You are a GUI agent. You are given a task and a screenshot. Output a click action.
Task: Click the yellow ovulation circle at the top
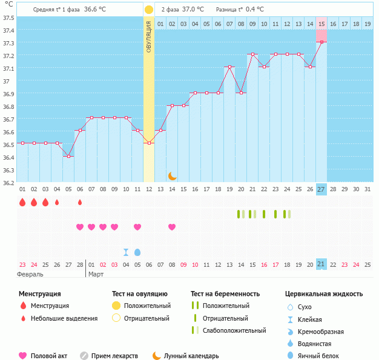[x=149, y=10]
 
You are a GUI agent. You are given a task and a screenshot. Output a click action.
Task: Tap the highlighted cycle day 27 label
[x=321, y=189]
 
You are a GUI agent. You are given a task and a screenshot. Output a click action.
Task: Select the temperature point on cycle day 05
[x=68, y=156]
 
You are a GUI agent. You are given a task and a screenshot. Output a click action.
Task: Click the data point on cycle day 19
[x=229, y=67]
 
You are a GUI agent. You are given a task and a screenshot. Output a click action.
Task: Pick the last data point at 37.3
[x=321, y=42]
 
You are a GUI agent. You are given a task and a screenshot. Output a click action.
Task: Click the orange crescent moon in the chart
[x=173, y=175]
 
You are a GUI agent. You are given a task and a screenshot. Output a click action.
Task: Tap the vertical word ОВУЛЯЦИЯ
[x=149, y=38]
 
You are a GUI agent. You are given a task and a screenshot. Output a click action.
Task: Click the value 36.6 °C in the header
[x=95, y=10]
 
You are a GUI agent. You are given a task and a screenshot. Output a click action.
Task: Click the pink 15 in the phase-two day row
[x=321, y=24]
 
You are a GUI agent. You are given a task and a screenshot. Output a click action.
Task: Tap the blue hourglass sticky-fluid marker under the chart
[x=126, y=252]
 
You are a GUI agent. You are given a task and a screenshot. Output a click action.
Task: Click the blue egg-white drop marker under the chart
[x=137, y=252]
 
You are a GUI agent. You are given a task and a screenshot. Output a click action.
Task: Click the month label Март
[x=96, y=274]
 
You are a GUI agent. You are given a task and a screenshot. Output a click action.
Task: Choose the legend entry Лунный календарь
[x=192, y=356]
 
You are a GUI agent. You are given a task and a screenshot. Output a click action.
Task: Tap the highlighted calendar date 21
[x=321, y=264]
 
